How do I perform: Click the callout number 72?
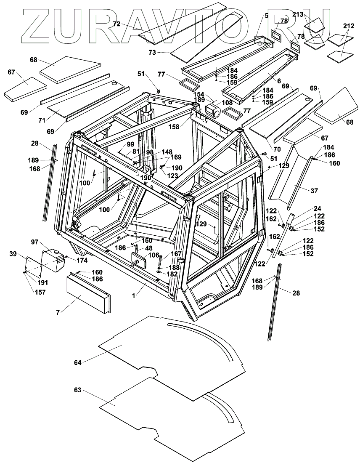click(x=117, y=24)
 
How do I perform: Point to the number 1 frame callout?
click(x=134, y=296)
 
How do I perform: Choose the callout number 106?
click(x=154, y=255)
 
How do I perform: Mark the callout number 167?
click(x=176, y=254)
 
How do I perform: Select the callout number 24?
click(x=317, y=208)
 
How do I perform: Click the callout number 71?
click(x=41, y=121)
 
